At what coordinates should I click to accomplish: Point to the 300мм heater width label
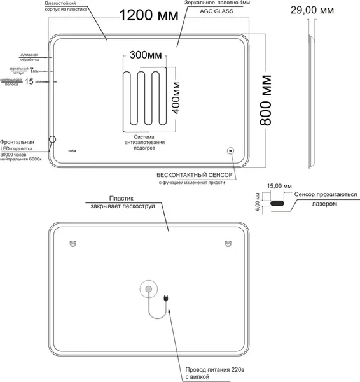point(146,55)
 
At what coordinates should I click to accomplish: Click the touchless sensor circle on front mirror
point(230,152)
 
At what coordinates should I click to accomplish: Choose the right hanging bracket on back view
point(227,244)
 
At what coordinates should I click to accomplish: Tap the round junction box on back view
point(149,290)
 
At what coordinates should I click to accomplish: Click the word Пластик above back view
point(121,198)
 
